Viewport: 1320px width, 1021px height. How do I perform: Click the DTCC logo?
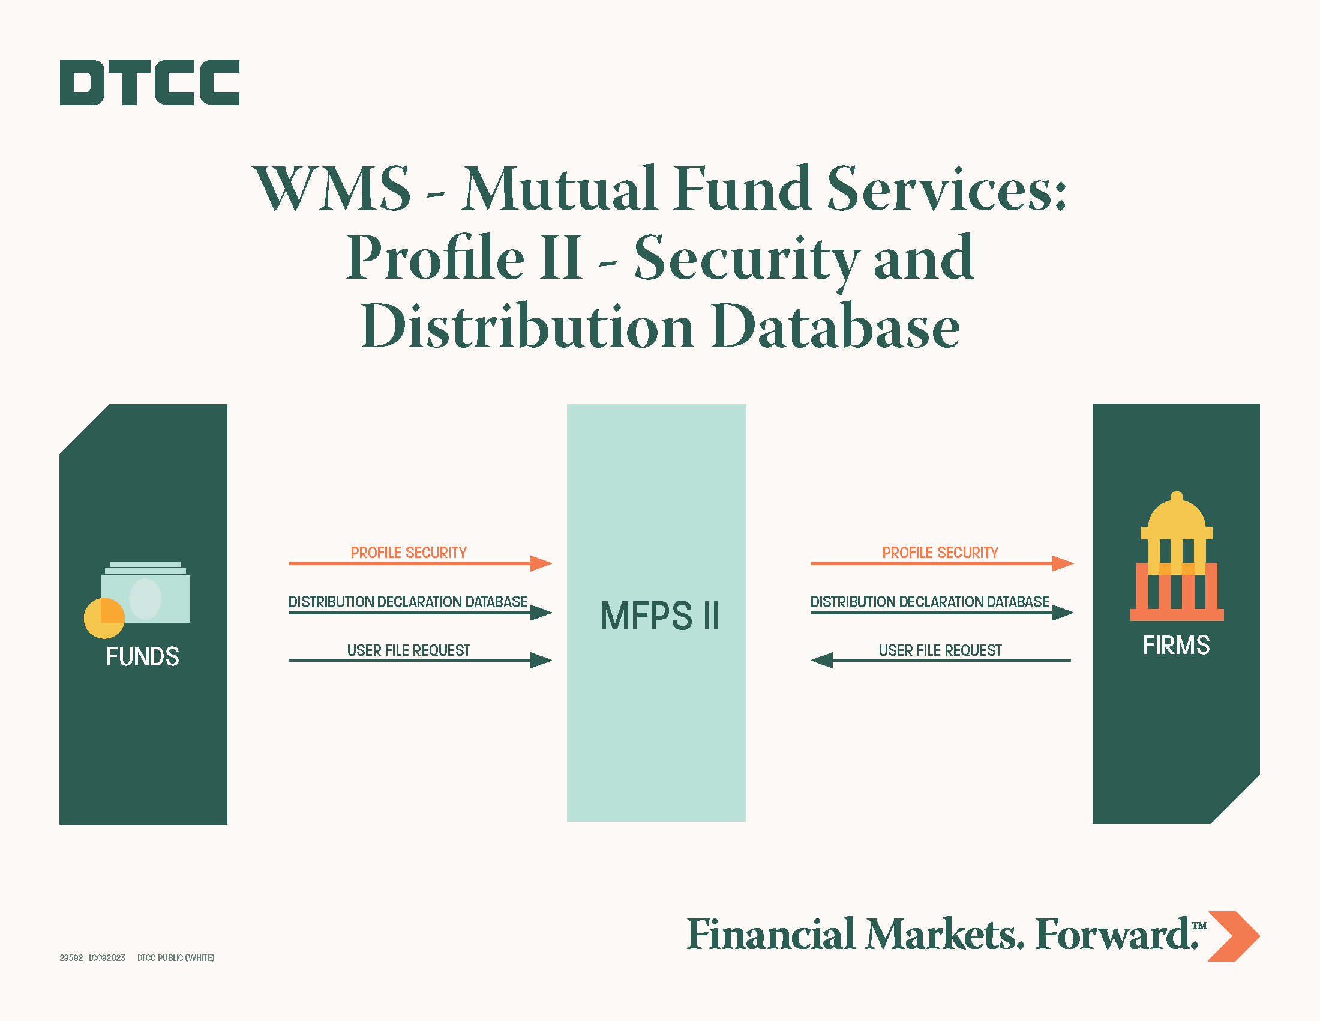tap(149, 82)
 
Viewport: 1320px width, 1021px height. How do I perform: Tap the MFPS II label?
tap(659, 616)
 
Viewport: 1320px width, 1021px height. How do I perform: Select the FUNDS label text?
tap(143, 656)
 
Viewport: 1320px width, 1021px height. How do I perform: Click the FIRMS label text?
tap(1176, 646)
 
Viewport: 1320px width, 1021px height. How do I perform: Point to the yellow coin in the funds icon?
tap(104, 618)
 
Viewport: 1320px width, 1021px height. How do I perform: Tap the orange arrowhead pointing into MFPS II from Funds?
tap(541, 563)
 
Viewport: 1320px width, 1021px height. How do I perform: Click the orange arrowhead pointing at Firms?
tap(1063, 563)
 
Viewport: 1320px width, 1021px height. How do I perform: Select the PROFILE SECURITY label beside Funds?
tap(409, 552)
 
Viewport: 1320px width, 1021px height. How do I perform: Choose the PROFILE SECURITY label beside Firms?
tap(940, 552)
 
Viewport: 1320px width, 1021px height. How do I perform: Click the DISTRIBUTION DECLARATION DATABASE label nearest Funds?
tap(407, 602)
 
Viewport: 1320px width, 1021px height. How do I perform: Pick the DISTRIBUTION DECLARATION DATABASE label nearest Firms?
tap(929, 602)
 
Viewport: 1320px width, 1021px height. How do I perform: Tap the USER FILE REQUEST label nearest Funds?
tap(409, 650)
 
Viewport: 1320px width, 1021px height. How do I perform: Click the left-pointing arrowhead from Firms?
tap(822, 661)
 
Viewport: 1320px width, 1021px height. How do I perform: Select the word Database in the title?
tap(835, 327)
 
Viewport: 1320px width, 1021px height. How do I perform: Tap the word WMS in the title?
tap(332, 189)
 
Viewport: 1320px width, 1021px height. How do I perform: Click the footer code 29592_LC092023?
tap(92, 957)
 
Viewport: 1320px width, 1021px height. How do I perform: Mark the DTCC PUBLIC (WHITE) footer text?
tap(176, 957)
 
